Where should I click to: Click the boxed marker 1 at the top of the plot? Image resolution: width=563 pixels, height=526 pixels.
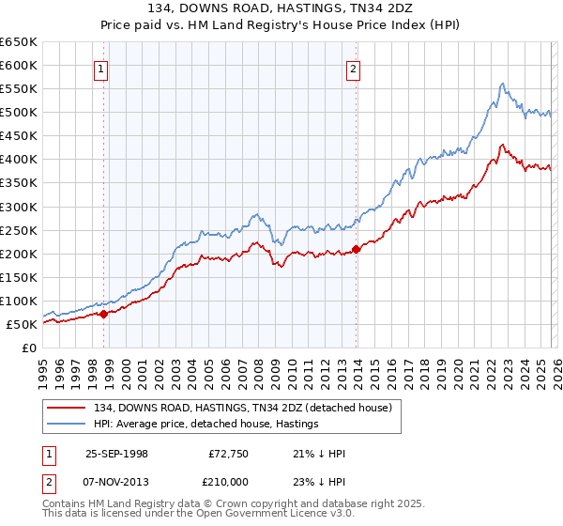click(x=99, y=68)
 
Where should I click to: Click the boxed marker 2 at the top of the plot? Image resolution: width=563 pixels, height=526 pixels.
click(x=354, y=68)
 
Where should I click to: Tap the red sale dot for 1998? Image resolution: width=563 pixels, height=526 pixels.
click(x=104, y=315)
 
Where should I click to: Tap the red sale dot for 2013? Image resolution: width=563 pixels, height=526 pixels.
click(x=356, y=250)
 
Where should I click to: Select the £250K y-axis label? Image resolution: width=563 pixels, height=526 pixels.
click(x=19, y=230)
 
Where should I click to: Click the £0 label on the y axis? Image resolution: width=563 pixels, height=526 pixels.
click(x=28, y=348)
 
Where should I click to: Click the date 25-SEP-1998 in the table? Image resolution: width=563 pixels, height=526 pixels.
click(x=116, y=454)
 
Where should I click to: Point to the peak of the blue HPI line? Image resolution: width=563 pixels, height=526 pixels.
click(x=503, y=84)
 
